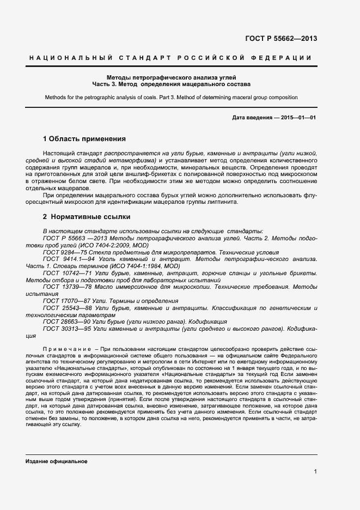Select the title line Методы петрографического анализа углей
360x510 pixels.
[171, 78]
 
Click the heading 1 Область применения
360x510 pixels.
[84, 139]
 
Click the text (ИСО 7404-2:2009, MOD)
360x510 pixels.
[94, 245]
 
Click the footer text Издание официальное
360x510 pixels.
[57, 462]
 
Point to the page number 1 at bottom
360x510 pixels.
[316, 472]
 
